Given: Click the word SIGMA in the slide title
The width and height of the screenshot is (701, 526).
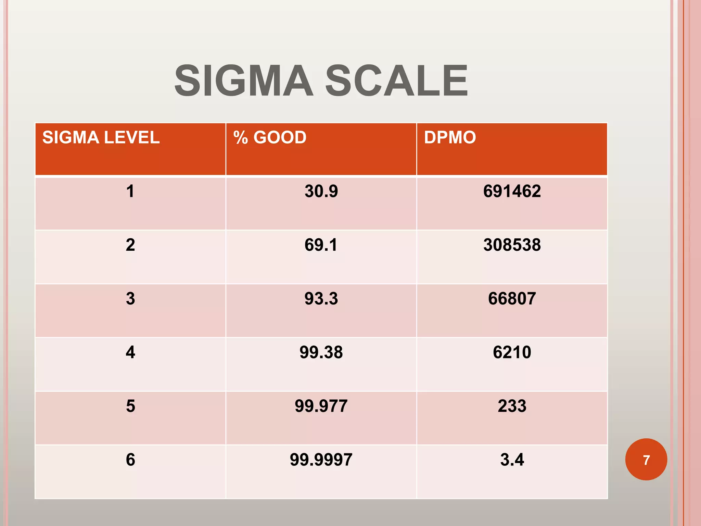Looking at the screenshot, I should tap(243, 81).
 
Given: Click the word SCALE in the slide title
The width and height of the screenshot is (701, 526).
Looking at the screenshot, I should tap(396, 81).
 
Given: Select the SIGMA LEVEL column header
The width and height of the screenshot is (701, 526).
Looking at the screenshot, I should tap(101, 138).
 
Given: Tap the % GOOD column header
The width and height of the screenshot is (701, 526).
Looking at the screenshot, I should tap(270, 138).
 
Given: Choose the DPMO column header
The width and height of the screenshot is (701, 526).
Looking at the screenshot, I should tap(450, 138).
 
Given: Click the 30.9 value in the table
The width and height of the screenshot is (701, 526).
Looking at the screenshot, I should tap(321, 191).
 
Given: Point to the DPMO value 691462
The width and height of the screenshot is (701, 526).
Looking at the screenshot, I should tap(512, 191).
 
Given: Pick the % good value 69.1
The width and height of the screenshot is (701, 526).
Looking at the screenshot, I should tap(321, 245).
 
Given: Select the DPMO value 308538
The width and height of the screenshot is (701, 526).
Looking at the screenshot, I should tap(512, 245).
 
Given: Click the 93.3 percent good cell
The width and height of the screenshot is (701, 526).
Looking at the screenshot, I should tap(321, 299).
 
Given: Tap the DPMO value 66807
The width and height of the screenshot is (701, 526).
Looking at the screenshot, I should tap(512, 299).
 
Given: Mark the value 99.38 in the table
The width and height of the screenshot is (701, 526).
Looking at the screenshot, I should tap(321, 352).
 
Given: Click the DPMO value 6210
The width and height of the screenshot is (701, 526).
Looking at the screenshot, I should tap(512, 352).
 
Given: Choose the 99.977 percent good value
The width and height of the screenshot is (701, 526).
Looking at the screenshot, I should tap(321, 406).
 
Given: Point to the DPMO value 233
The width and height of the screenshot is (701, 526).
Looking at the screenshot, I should tap(512, 406).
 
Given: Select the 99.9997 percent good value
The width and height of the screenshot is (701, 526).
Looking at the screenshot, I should tap(321, 460).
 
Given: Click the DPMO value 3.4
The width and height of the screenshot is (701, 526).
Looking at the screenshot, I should tap(512, 460).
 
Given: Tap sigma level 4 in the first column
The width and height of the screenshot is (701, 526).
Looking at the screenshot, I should tap(130, 352).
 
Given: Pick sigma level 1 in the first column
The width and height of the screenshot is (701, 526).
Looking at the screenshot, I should tap(130, 191).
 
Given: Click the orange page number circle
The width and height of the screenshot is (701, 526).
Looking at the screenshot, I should tap(646, 460).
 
